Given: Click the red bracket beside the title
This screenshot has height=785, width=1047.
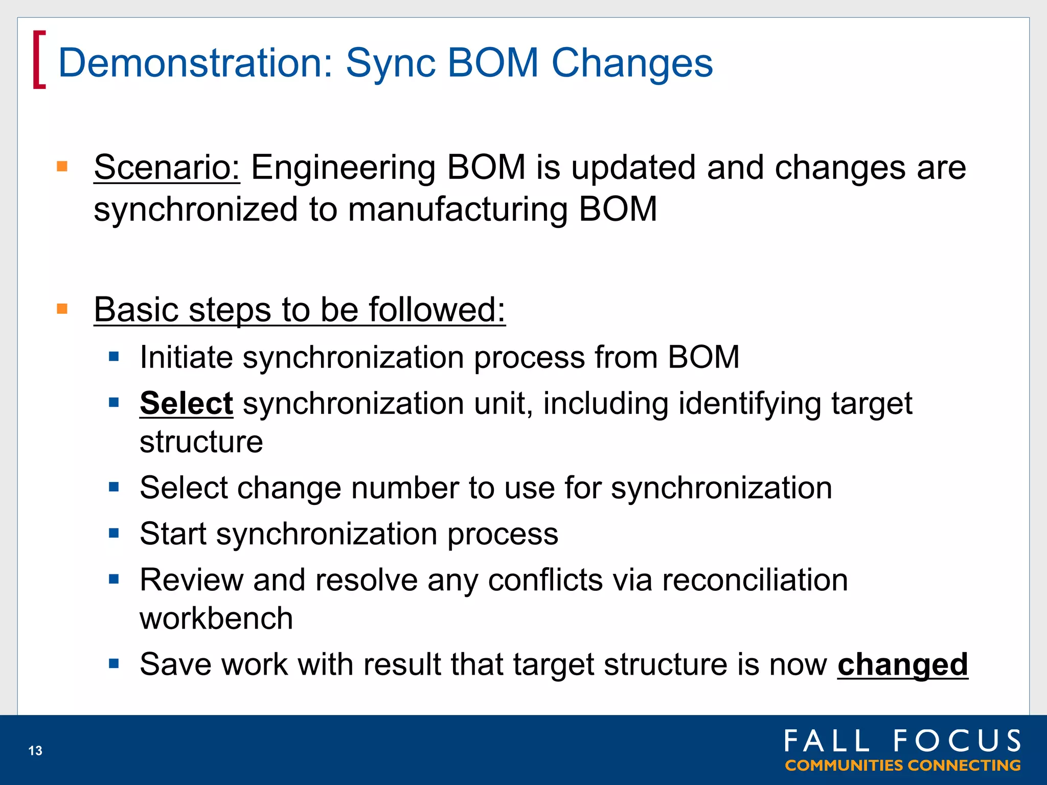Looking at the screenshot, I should tap(39, 60).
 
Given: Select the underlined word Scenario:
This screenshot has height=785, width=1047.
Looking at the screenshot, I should tap(167, 168).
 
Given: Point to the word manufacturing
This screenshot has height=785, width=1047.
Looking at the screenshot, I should tap(458, 210).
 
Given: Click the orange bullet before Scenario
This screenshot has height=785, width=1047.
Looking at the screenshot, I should tap(62, 167).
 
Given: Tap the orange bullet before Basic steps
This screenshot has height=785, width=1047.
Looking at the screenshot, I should tap(62, 309).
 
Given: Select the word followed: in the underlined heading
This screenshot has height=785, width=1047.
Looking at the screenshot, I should tap(437, 310).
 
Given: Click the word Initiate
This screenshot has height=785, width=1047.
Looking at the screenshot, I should tap(186, 357).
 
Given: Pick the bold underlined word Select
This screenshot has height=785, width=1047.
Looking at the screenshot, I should tap(187, 404).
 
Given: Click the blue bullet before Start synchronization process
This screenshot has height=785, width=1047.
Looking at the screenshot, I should tap(114, 534).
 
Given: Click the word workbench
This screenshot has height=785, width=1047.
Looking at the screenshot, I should tap(216, 618).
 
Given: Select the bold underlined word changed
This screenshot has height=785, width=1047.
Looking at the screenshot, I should tap(902, 664).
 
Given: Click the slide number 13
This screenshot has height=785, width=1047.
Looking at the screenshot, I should tap(35, 750).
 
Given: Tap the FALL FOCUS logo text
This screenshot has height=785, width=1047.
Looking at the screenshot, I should tap(902, 741).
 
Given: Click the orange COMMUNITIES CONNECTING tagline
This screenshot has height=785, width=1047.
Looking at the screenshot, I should tap(902, 766).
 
